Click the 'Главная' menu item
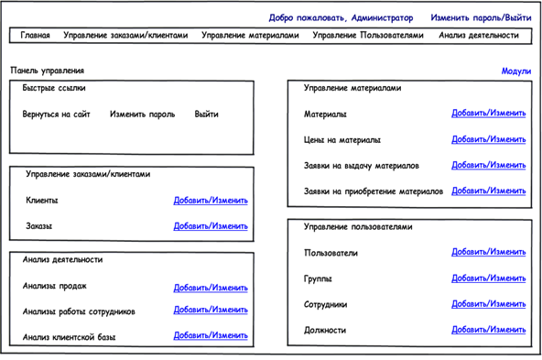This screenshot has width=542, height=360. tap(35, 36)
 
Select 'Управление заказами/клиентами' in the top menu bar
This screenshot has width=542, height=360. tap(125, 36)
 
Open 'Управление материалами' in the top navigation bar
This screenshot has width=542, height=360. tap(250, 36)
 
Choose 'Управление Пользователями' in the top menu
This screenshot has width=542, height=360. tap(368, 36)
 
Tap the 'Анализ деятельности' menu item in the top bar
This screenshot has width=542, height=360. tap(478, 36)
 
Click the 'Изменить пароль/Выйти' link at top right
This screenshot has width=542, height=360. tap(481, 17)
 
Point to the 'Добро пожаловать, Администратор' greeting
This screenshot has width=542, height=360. tap(341, 17)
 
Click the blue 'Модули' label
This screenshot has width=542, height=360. tap(515, 71)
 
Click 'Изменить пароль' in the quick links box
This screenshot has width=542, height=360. tap(142, 115)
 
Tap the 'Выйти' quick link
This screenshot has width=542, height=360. tap(206, 115)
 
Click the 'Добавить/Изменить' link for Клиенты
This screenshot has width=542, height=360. tap(211, 201)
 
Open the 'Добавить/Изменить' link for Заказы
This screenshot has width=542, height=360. tap(211, 225)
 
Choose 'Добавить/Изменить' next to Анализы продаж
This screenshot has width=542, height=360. tap(211, 287)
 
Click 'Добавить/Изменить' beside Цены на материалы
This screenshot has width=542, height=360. tap(489, 140)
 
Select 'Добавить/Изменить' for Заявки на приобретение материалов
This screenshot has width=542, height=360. tap(489, 191)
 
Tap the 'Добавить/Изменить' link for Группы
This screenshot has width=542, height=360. tap(489, 278)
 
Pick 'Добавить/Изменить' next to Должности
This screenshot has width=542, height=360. tap(489, 330)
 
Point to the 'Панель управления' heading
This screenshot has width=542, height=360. tap(48, 70)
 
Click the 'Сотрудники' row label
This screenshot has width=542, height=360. tap(326, 304)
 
